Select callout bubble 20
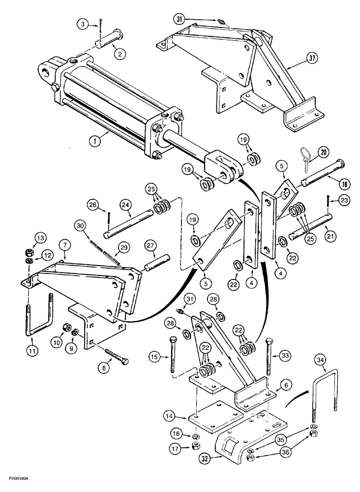click(323, 153)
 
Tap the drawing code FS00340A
click(20, 478)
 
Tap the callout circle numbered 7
click(63, 245)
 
